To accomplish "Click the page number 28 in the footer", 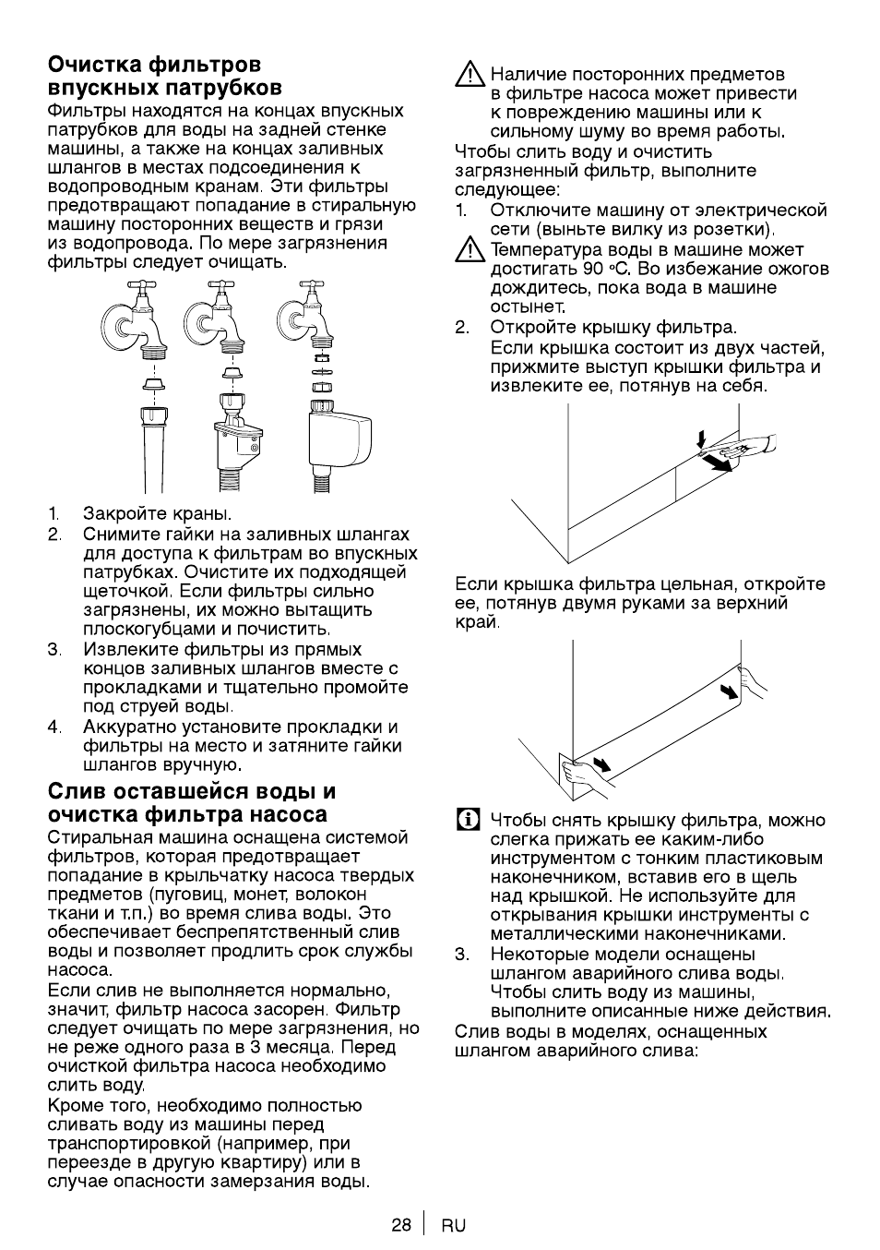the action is (401, 1225).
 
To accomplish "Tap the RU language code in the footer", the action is (454, 1225).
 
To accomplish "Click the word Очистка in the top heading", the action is (95, 65).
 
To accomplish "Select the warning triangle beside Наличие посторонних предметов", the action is (470, 75).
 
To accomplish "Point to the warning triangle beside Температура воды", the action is (470, 250).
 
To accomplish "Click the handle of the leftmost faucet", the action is (137, 286).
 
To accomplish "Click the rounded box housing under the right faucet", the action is (339, 439).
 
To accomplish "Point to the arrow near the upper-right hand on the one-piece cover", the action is (728, 692).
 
